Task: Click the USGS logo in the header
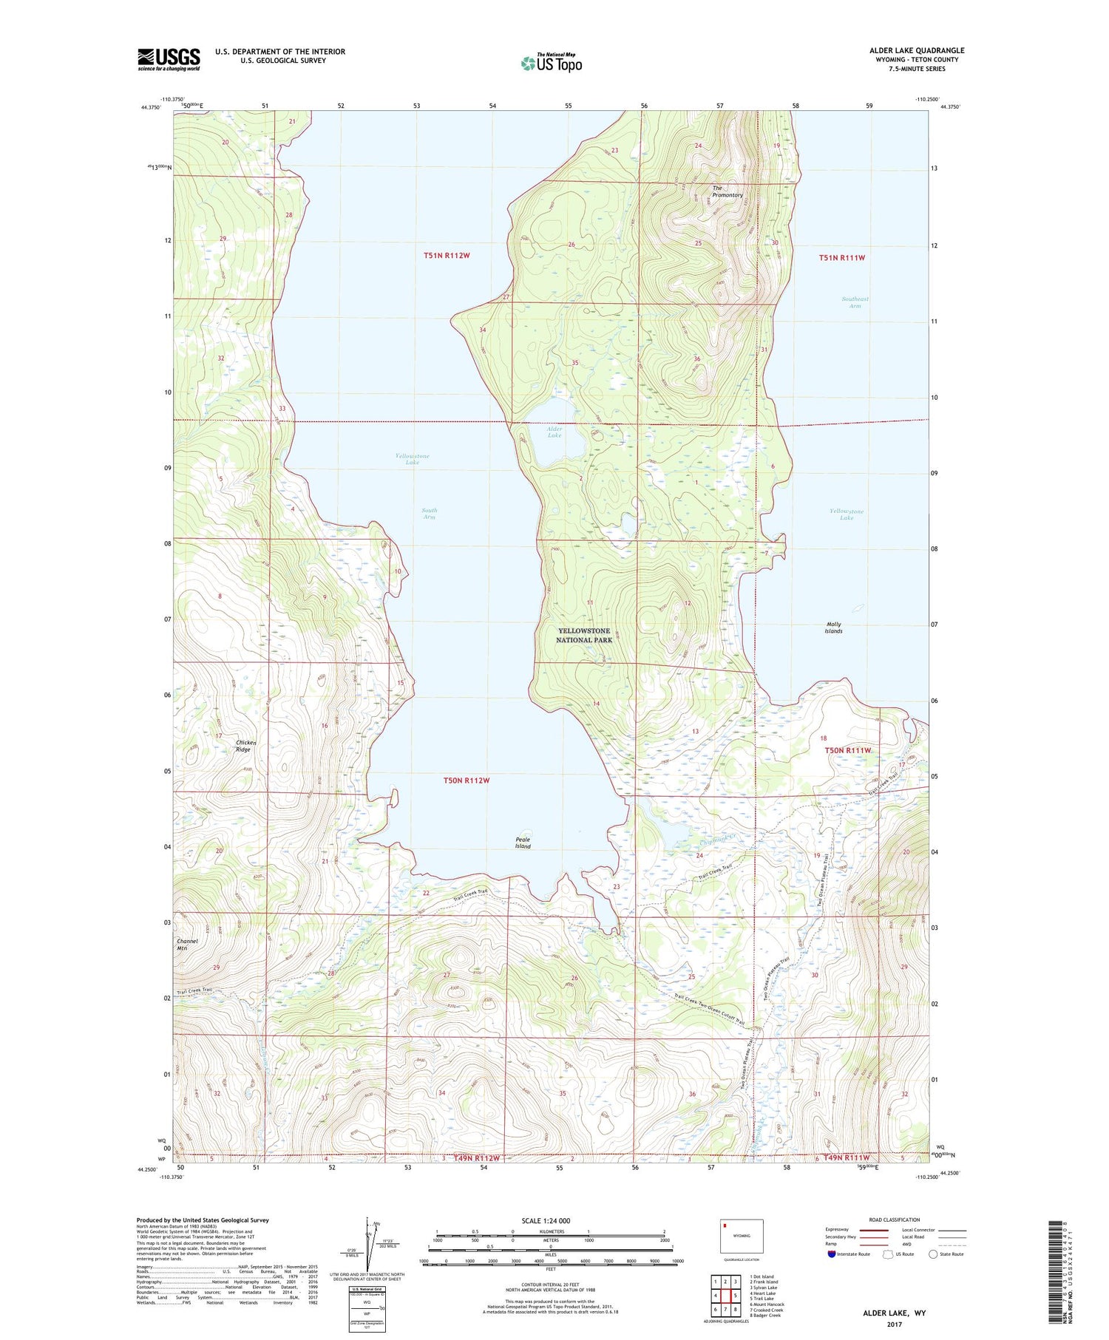[x=169, y=59]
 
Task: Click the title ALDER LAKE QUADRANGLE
[x=916, y=50]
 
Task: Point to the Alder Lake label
[x=554, y=432]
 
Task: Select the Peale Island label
[x=523, y=843]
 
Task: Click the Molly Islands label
[x=833, y=628]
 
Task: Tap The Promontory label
[x=727, y=191]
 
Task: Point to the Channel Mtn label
[x=187, y=945]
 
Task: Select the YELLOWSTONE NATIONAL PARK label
[x=584, y=635]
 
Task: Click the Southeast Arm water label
[x=855, y=302]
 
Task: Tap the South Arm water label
[x=429, y=513]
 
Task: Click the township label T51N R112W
[x=447, y=256]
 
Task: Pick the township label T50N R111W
[x=848, y=750]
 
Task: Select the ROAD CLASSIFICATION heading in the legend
[x=895, y=1220]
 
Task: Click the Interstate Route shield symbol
[x=832, y=1254]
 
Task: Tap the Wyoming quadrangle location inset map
[x=742, y=1236]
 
